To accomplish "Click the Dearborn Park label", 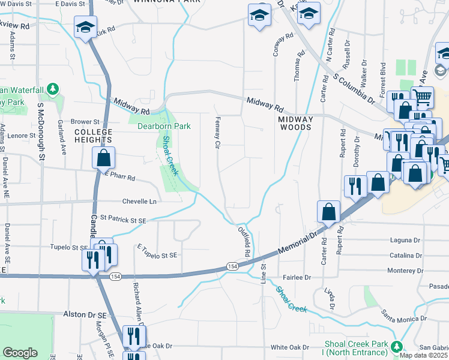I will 155,127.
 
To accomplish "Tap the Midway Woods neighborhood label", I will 295,123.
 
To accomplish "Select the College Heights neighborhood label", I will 93,136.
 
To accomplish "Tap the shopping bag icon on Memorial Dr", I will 329,212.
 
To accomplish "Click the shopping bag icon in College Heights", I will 103,158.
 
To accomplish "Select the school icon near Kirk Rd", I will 85,27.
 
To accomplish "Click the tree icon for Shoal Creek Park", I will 396,347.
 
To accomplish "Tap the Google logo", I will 20,353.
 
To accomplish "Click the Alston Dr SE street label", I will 85,314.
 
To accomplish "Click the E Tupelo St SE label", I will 157,255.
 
